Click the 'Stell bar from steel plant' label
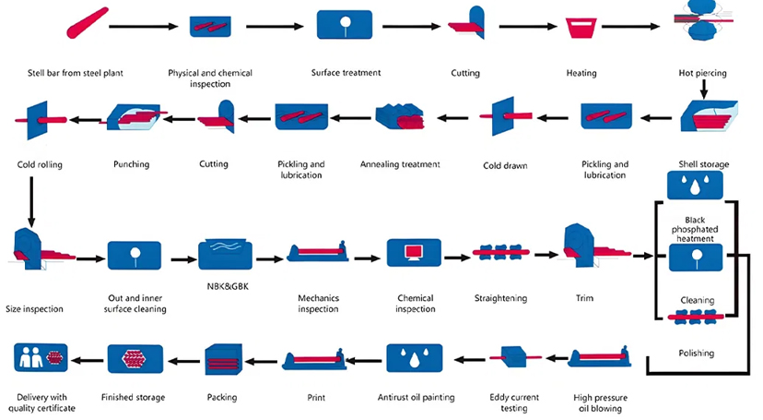tap(75, 73)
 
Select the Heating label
tap(581, 73)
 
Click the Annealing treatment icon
tap(400, 116)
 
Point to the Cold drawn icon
tap(503, 116)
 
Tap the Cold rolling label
tap(40, 164)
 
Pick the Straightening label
tap(499, 298)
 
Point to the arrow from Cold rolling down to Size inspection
tap(32, 199)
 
